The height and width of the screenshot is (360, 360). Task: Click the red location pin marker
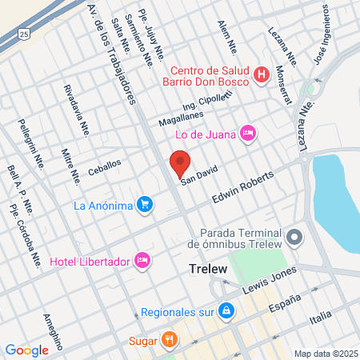click(x=179, y=164)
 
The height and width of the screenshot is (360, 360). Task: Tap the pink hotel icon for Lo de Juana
click(x=248, y=132)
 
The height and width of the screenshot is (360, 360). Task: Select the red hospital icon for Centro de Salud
click(x=261, y=75)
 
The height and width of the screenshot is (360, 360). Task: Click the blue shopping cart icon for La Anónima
click(x=144, y=206)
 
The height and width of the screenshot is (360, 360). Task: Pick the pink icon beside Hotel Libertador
click(x=142, y=260)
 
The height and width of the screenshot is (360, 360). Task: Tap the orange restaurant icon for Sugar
click(x=168, y=338)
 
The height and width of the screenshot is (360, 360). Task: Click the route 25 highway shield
click(x=25, y=34)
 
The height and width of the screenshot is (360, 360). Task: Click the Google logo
click(x=26, y=350)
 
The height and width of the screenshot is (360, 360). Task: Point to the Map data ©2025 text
click(x=325, y=354)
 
